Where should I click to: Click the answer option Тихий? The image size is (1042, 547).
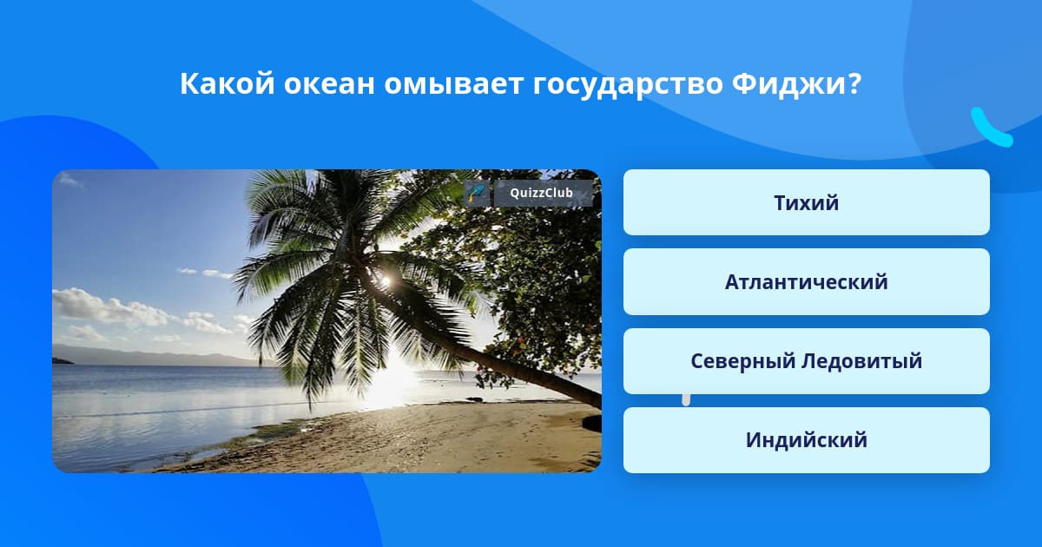click(x=806, y=202)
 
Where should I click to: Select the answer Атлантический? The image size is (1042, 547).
click(x=806, y=282)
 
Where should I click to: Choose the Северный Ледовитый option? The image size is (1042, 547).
click(x=806, y=361)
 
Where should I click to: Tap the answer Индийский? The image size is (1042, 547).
click(x=806, y=440)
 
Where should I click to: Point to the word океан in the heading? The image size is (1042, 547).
click(x=329, y=85)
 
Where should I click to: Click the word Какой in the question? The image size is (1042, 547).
click(x=227, y=83)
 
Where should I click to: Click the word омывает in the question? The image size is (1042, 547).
click(x=453, y=85)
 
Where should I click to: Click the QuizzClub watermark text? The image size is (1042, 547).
click(x=541, y=193)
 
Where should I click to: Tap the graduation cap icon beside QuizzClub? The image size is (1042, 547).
click(x=477, y=193)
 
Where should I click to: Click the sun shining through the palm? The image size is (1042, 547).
click(x=386, y=280)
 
